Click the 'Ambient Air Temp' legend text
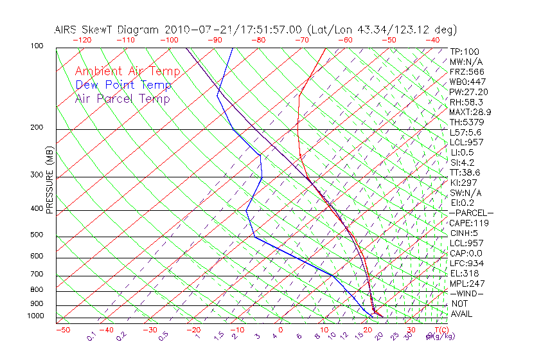point(127,71)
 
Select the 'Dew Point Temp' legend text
point(123,85)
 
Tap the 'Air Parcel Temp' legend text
point(122,98)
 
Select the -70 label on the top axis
point(301,39)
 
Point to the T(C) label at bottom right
point(439,330)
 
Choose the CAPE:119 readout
point(469,223)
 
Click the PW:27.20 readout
point(469,92)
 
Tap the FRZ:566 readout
point(467,71)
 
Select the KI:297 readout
point(465,183)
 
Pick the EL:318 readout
point(465,273)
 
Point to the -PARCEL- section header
point(472,213)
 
